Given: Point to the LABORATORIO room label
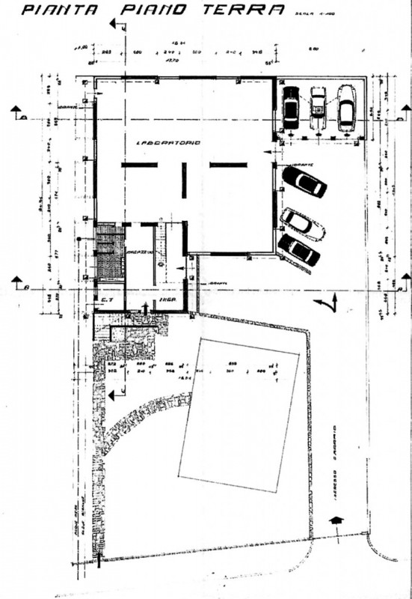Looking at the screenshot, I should click(167, 142).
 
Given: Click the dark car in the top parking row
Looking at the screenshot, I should click(291, 108).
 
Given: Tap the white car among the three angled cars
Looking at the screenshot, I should click(302, 224).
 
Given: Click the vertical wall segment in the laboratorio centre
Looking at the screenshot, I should click(184, 180).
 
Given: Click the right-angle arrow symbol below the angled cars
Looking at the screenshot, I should click(327, 303).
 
